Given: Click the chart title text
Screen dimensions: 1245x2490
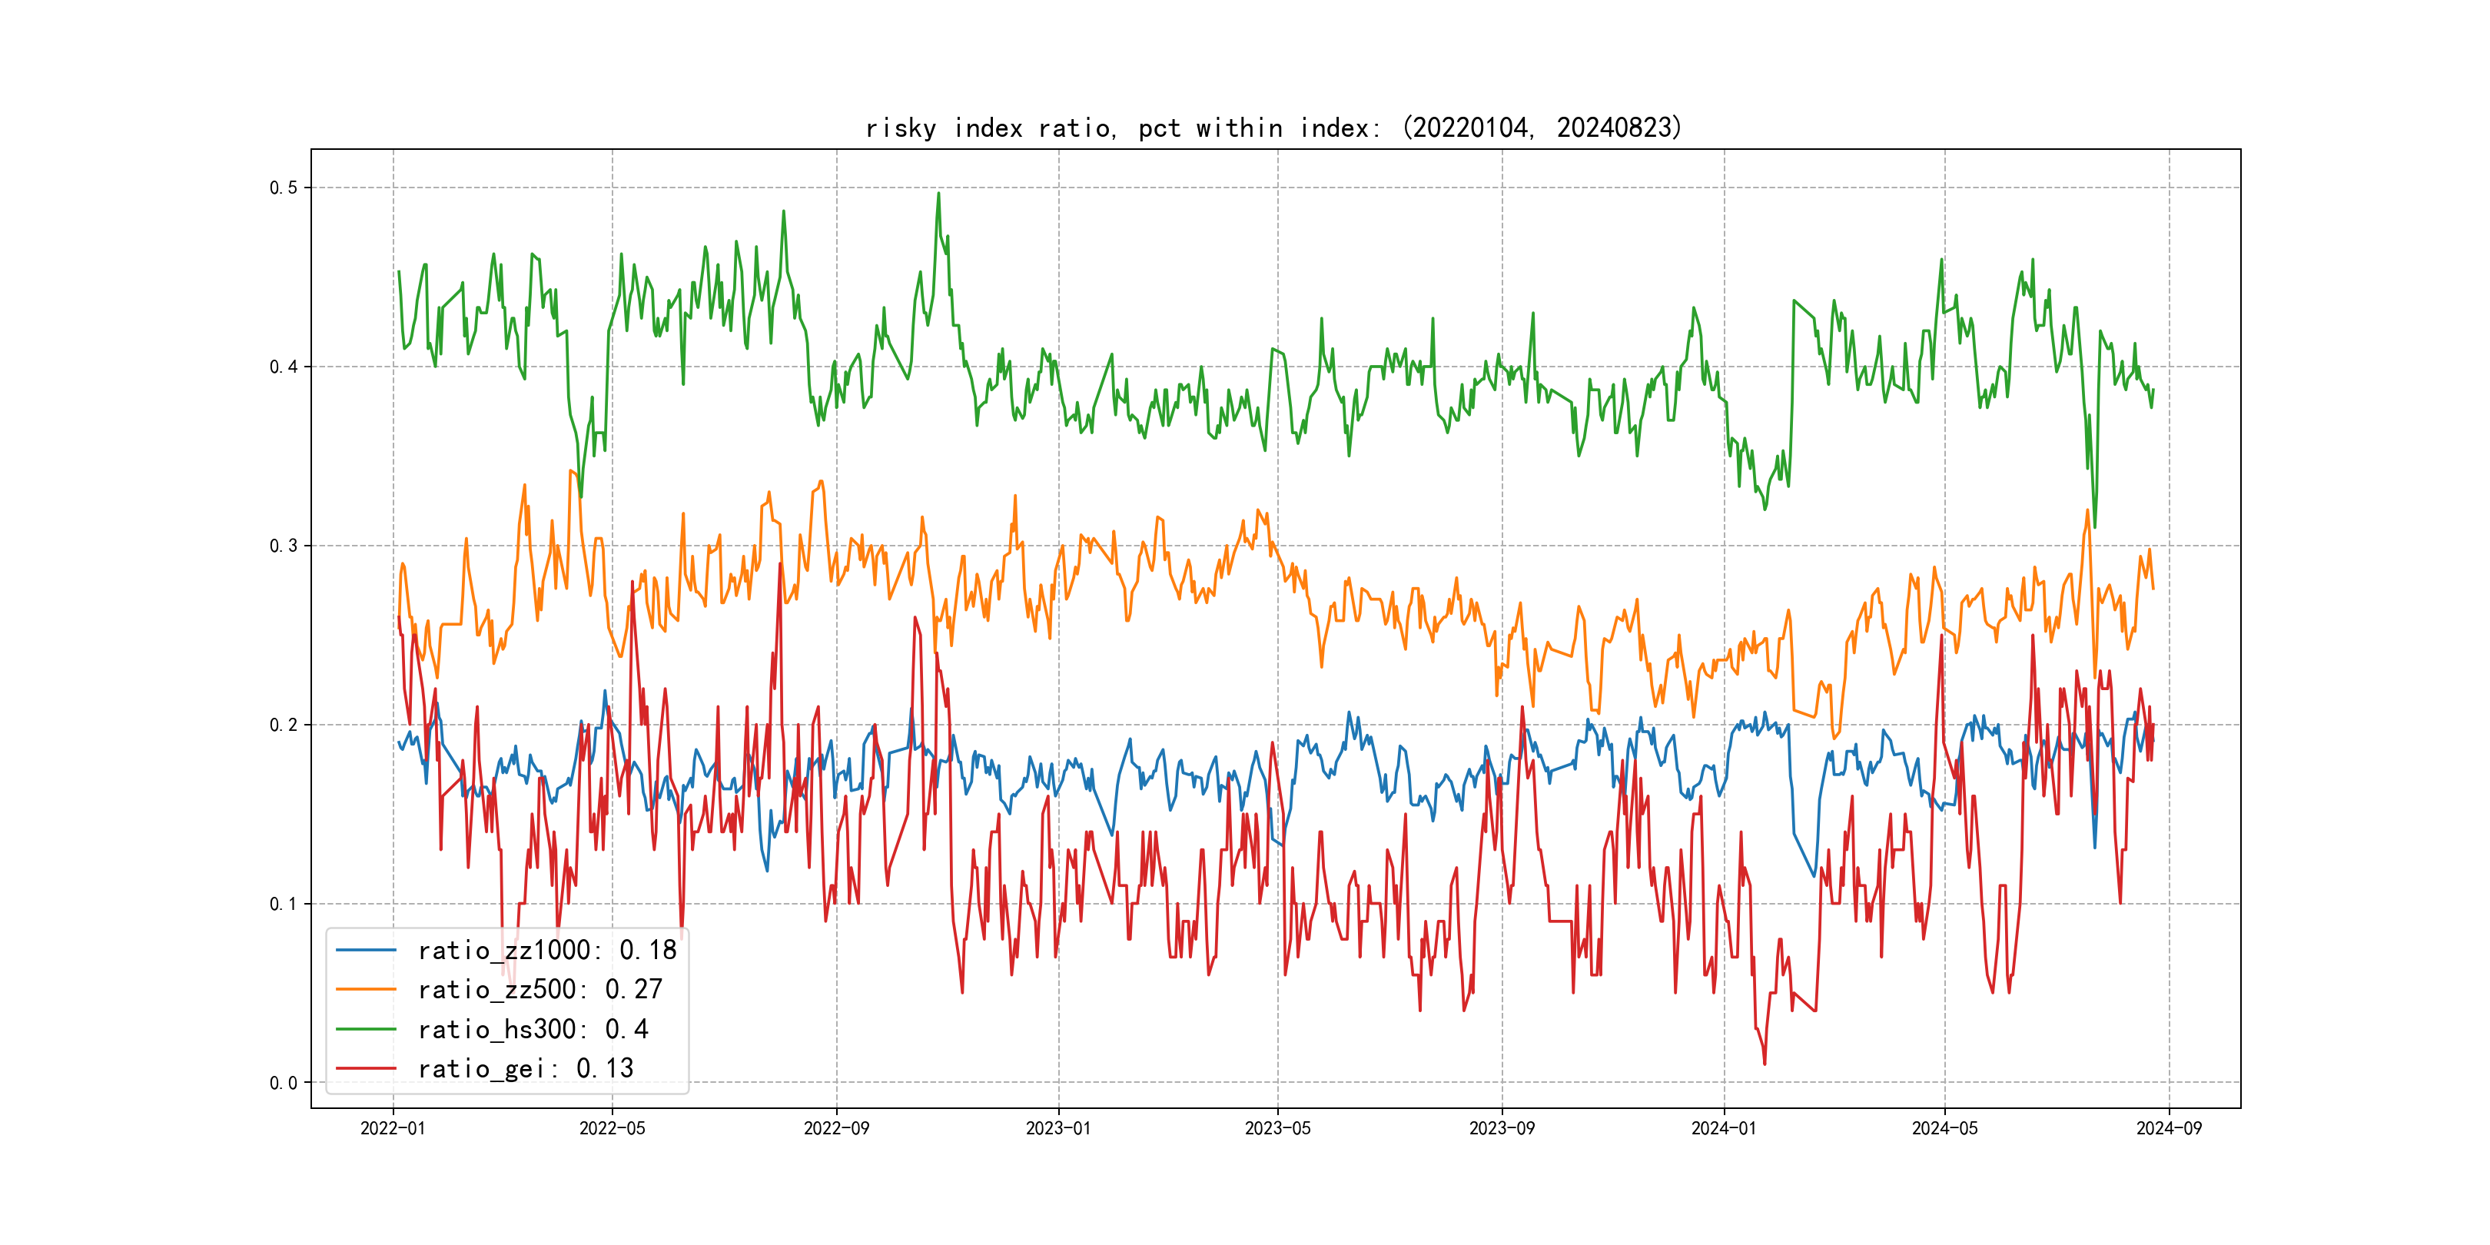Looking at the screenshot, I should [x=1273, y=128].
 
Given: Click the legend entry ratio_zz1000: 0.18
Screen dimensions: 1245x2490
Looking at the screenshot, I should [x=546, y=950].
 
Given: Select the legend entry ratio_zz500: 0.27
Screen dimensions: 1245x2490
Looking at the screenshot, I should [x=539, y=990].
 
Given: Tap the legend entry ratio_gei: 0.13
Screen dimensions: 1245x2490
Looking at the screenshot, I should [x=525, y=1068].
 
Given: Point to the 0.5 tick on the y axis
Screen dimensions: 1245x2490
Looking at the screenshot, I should [x=284, y=188].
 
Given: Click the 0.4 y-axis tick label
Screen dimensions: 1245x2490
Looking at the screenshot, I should [x=284, y=367].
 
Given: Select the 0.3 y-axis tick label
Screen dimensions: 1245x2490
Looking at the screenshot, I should [x=284, y=545].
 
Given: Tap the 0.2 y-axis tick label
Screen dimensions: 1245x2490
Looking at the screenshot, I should [x=284, y=725].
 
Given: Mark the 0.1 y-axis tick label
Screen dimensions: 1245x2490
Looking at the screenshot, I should [x=284, y=904].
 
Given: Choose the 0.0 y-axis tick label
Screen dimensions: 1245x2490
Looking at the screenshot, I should [x=284, y=1083].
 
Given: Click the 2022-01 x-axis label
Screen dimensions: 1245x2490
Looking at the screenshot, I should [x=393, y=1128].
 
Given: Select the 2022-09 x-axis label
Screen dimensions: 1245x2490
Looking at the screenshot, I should [x=836, y=1128].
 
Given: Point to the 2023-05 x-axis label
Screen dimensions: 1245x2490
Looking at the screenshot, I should [x=1277, y=1128].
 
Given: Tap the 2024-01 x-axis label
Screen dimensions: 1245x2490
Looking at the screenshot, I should [x=1724, y=1128].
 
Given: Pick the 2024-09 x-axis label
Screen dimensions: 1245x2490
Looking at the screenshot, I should [x=2169, y=1128].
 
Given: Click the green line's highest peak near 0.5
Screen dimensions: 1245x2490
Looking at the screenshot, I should [x=938, y=194].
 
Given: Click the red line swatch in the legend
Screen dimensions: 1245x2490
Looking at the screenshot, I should [x=365, y=1068].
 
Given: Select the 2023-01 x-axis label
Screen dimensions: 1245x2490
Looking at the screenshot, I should [x=1057, y=1128].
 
